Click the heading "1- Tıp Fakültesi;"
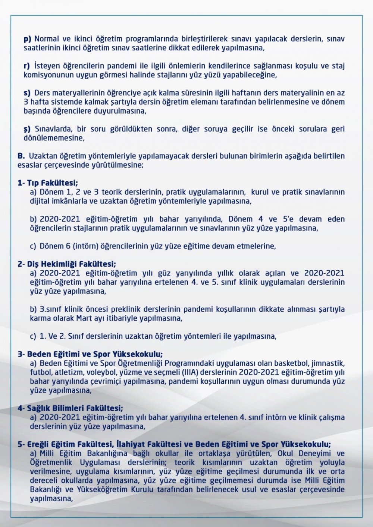[48, 183]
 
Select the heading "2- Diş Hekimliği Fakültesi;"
[67, 264]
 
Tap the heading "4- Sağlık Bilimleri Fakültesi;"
[70, 408]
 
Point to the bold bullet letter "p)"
[28, 39]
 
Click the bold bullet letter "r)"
[27, 66]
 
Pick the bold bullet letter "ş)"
[27, 129]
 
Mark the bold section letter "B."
[21, 156]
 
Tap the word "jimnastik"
[328, 363]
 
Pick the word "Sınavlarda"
[54, 129]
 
